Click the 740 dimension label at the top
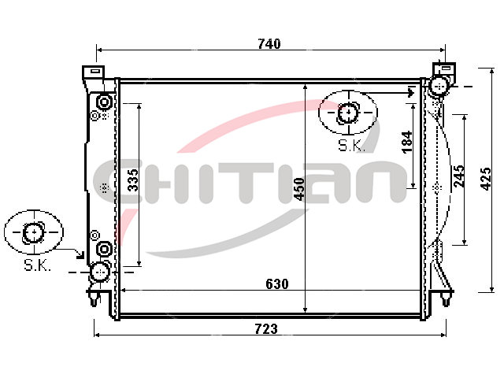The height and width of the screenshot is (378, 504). coord(269,44)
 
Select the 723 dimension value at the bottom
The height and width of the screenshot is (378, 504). coord(266,329)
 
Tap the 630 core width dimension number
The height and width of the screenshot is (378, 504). coord(277,283)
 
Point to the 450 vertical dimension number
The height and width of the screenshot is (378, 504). coord(299,189)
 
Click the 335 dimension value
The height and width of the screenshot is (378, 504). coord(133,180)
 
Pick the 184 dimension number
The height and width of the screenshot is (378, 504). coord(407,142)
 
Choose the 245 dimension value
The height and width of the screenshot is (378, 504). coord(459,176)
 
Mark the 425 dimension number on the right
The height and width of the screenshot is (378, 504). coord(486,179)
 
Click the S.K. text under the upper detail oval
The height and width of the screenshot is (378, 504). coord(351,146)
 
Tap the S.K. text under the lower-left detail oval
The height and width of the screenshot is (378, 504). coord(37,265)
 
